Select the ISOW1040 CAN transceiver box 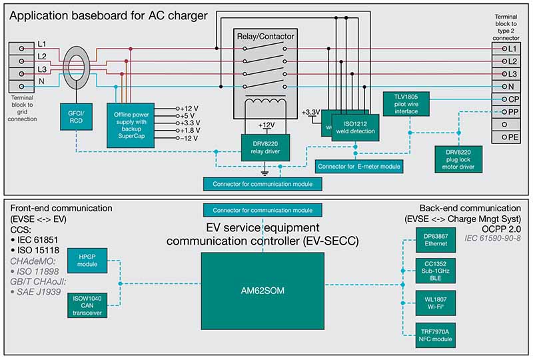tap(88, 305)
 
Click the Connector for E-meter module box tap(360, 165)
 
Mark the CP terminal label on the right tap(511, 99)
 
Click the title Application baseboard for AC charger tap(108, 15)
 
